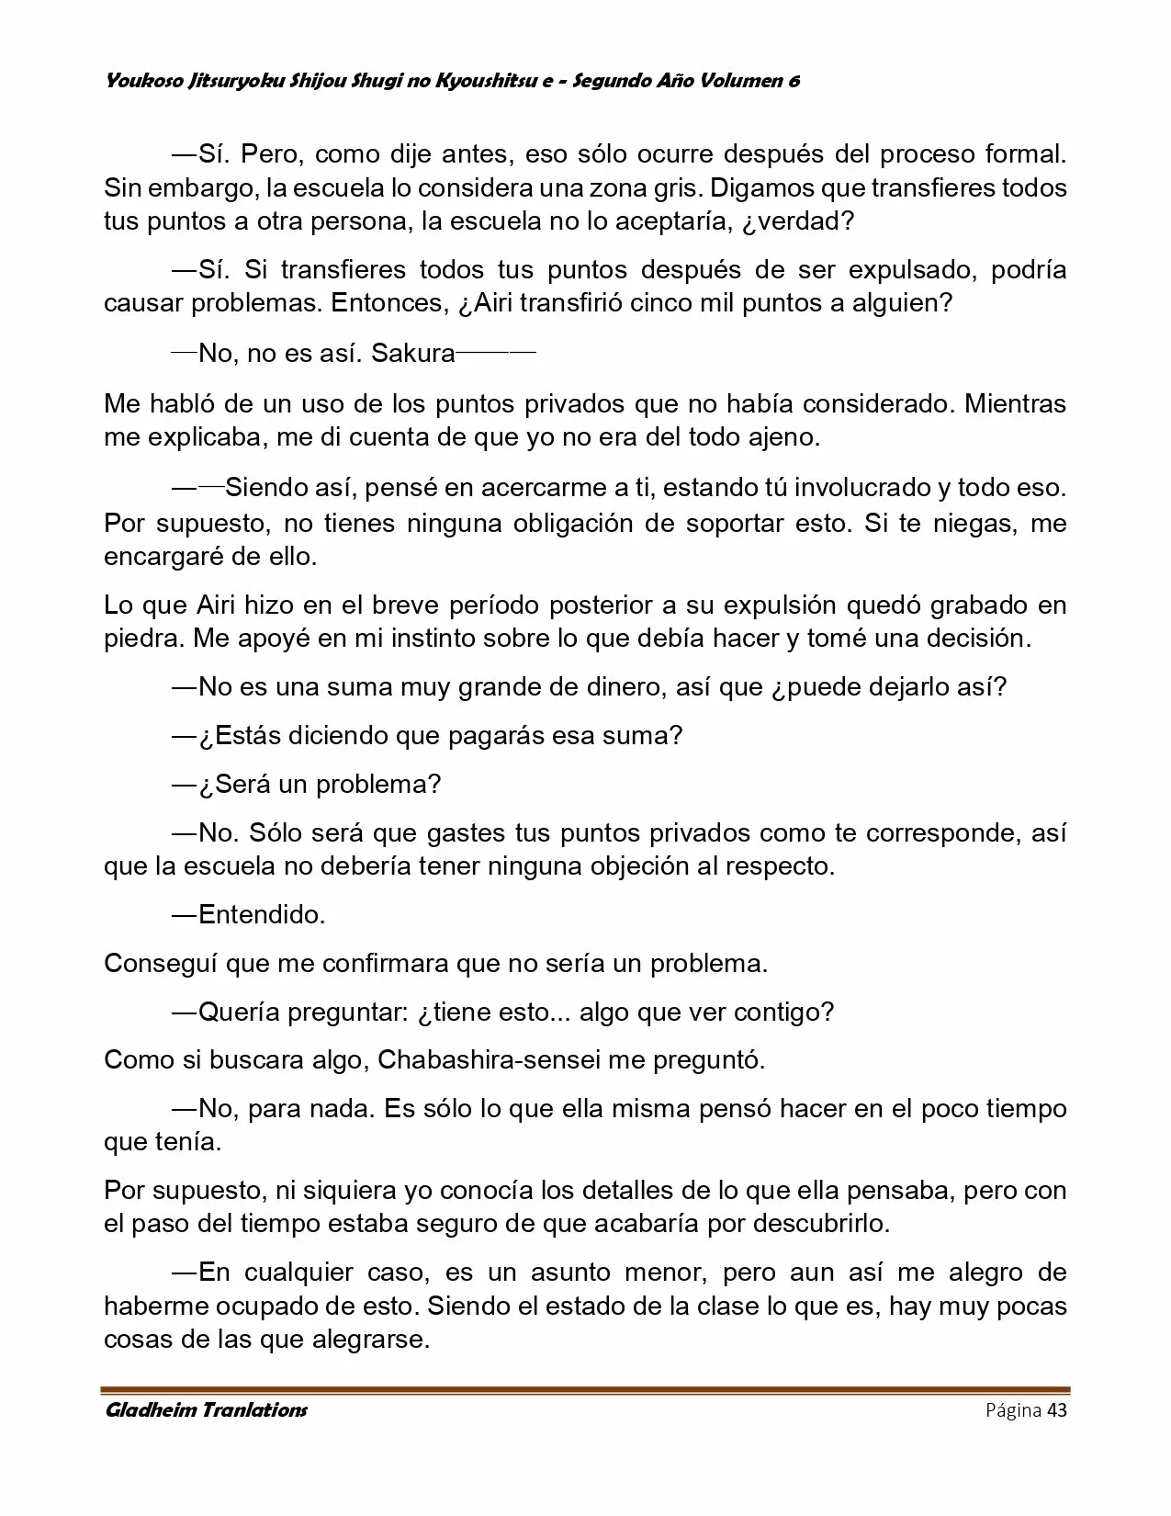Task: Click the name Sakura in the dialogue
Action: point(412,354)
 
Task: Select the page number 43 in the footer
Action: point(1056,1410)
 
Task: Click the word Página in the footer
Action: point(1013,1411)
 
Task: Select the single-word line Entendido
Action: point(262,914)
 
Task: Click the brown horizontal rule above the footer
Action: point(586,1390)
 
